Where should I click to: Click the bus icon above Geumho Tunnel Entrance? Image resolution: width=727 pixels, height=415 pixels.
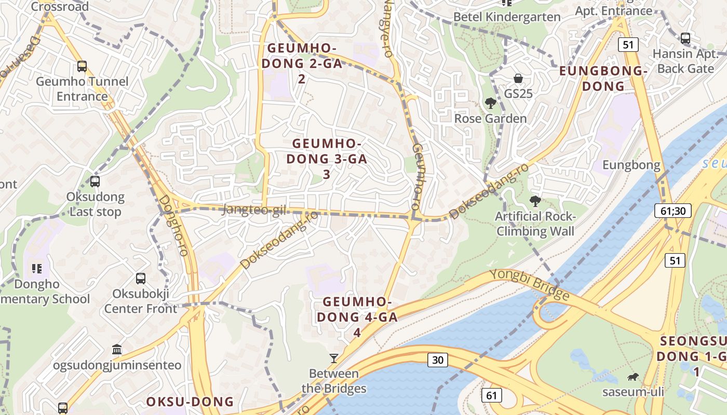pyautogui.click(x=82, y=66)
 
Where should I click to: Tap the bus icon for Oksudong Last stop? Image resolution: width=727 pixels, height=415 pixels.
pyautogui.click(x=95, y=182)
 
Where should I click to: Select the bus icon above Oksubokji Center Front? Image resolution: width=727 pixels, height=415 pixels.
pyautogui.click(x=141, y=279)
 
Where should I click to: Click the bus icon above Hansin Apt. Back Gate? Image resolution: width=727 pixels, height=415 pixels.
pyautogui.click(x=685, y=38)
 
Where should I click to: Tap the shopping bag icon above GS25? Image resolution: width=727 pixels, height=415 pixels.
pyautogui.click(x=518, y=78)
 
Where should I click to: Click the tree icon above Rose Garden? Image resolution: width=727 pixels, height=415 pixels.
pyautogui.click(x=490, y=103)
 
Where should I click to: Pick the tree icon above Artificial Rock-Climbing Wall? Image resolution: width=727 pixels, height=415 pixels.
pyautogui.click(x=535, y=201)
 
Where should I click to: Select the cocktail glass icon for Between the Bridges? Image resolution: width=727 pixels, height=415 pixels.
pyautogui.click(x=334, y=358)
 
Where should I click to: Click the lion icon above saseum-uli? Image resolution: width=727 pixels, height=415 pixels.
pyautogui.click(x=633, y=377)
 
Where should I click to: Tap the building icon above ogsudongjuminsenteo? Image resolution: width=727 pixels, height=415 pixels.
pyautogui.click(x=117, y=350)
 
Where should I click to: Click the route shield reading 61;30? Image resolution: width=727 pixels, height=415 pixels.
pyautogui.click(x=672, y=211)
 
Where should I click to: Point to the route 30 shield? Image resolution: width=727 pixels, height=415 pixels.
pyautogui.click(x=438, y=359)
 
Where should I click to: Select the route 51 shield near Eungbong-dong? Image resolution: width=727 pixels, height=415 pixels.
pyautogui.click(x=628, y=45)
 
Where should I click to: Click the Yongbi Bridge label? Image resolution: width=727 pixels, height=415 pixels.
pyautogui.click(x=537, y=285)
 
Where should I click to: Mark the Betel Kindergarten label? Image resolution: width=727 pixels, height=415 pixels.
pyautogui.click(x=507, y=17)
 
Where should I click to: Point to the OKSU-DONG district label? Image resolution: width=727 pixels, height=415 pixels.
pyautogui.click(x=190, y=402)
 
